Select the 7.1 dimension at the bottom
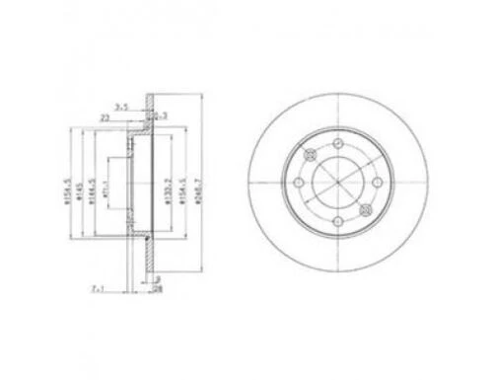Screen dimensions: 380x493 pyautogui.click(x=97, y=289)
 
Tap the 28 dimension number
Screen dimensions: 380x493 pyautogui.click(x=158, y=289)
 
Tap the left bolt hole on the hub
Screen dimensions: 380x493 pyautogui.click(x=295, y=182)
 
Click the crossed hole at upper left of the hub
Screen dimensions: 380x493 pyautogui.click(x=310, y=152)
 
